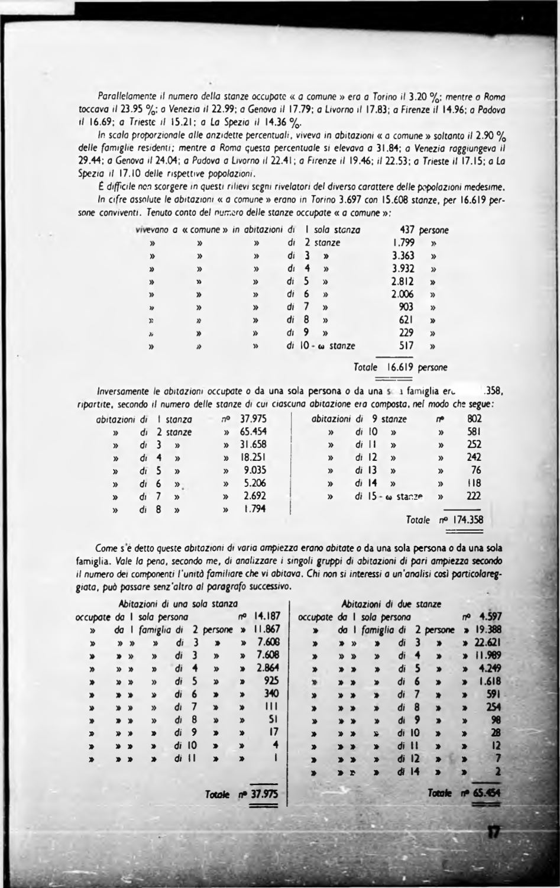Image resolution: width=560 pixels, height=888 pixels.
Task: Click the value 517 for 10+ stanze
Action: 407,345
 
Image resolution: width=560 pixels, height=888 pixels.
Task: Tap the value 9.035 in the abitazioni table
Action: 255,470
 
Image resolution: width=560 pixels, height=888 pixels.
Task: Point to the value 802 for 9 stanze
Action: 474,419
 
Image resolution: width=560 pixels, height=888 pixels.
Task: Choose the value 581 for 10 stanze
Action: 474,432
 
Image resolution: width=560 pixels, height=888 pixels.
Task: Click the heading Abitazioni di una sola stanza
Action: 178,604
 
